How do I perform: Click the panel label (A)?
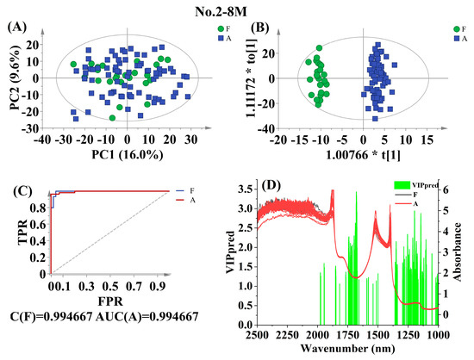pyautogui.click(x=17, y=27)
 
